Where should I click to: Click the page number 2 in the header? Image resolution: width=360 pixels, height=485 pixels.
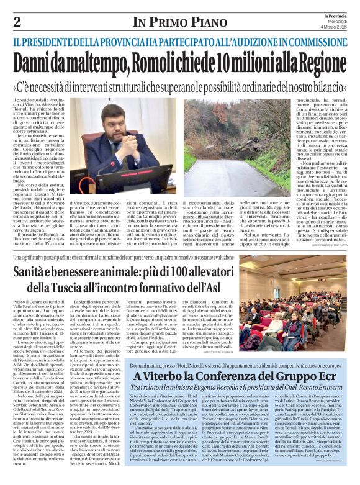coord(17,22)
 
